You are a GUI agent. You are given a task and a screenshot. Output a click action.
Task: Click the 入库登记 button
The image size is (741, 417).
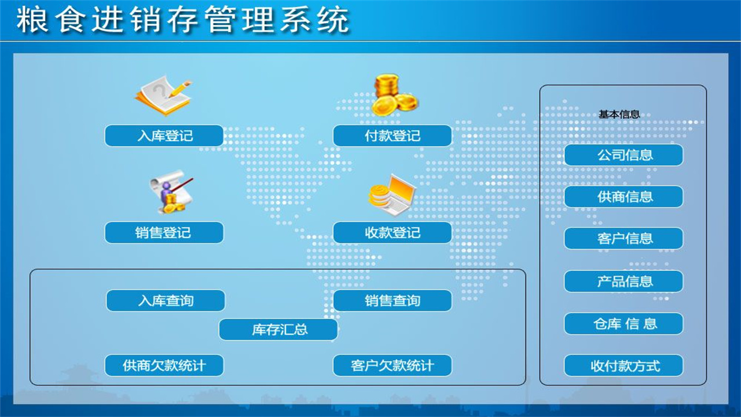tap(164, 136)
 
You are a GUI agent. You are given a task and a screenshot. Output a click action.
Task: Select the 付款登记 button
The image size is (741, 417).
tap(392, 136)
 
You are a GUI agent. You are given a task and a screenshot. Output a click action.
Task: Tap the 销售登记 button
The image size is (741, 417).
tap(164, 233)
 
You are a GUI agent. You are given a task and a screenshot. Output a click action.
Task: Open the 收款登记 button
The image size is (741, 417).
tap(392, 233)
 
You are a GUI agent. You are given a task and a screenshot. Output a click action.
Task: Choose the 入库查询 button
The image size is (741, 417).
tap(166, 301)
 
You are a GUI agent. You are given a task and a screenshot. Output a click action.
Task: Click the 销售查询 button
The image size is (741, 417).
tap(392, 301)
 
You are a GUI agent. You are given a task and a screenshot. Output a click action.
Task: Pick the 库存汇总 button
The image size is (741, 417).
tap(278, 330)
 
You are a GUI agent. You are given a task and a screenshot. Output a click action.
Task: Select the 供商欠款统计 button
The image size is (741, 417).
tap(164, 365)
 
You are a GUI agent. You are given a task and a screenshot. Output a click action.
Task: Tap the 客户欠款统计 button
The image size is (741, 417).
tap(392, 365)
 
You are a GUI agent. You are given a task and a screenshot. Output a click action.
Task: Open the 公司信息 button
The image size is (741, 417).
tap(623, 155)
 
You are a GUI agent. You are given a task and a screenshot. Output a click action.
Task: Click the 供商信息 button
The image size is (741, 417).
tap(623, 197)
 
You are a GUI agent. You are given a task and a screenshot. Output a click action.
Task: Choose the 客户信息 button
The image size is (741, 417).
tap(623, 239)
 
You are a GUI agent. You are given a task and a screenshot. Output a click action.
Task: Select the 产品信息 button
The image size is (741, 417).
tap(623, 281)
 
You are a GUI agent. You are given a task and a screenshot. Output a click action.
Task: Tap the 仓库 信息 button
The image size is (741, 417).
tap(623, 324)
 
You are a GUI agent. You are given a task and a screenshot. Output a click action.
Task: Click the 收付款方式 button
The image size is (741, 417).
tap(623, 366)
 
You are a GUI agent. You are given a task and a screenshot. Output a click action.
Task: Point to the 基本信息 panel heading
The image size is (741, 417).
tap(619, 114)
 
